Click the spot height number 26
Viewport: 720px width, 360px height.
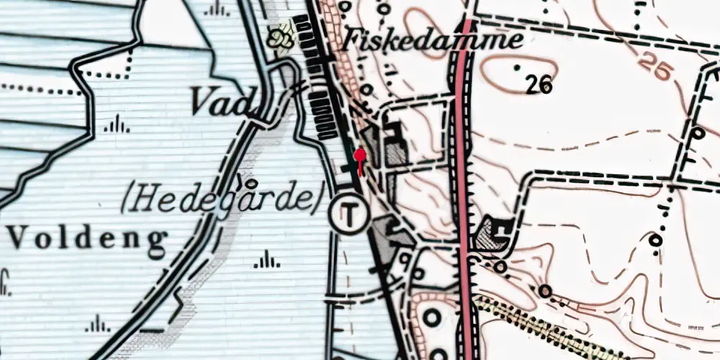coord(538,86)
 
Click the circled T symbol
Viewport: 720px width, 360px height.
coord(348,212)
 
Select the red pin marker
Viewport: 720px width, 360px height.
coord(360,156)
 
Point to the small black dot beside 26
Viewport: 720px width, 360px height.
coord(517,68)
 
